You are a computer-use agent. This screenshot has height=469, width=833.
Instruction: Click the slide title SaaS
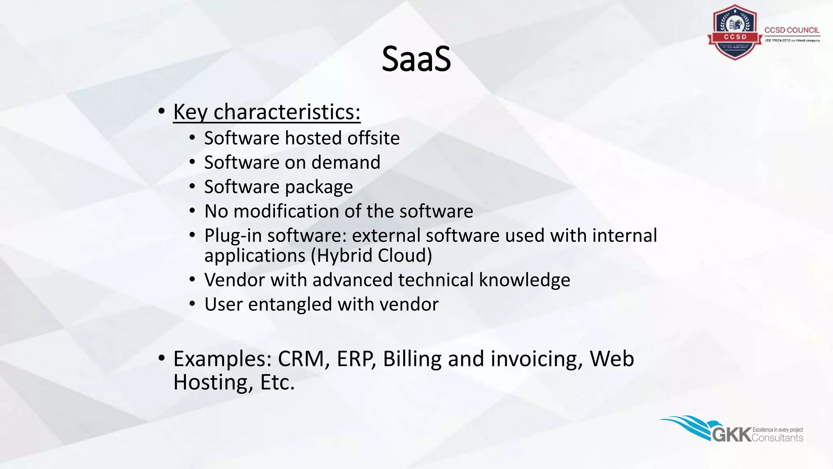click(x=416, y=59)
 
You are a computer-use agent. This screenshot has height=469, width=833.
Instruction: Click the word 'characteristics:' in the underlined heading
click(x=287, y=112)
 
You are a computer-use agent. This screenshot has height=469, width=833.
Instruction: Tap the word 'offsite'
click(x=373, y=138)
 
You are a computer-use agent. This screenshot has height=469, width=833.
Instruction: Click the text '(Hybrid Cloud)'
click(x=371, y=256)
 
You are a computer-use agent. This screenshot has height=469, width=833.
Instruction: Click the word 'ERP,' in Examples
click(x=356, y=359)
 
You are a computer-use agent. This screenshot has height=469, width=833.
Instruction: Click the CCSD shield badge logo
click(x=735, y=33)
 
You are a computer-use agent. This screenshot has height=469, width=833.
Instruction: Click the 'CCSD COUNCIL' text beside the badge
click(x=792, y=30)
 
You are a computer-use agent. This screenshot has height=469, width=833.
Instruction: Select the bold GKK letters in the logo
click(x=731, y=435)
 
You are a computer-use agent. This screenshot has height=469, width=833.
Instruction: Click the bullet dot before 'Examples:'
click(x=162, y=358)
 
